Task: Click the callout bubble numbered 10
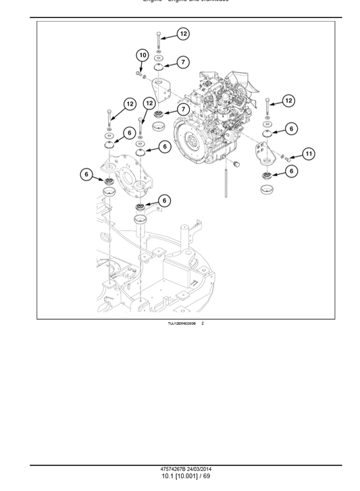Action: click(142, 55)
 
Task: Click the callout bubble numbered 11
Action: click(308, 154)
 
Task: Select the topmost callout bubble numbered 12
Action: click(184, 33)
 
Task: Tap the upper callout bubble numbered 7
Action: click(184, 62)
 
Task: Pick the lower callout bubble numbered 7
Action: click(183, 109)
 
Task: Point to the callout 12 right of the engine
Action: click(288, 101)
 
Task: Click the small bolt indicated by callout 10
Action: click(140, 74)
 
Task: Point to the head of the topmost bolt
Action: click(158, 33)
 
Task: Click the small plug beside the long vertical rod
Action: click(236, 164)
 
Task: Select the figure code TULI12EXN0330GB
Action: click(182, 324)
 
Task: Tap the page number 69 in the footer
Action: click(206, 476)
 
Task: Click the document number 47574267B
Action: click(174, 469)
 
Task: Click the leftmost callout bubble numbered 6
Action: click(86, 174)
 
